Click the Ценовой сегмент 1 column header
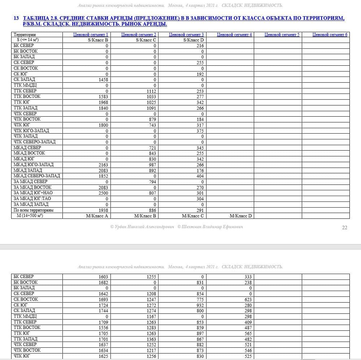(91, 35)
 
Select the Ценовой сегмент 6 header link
(330, 35)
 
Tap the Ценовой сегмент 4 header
(234, 35)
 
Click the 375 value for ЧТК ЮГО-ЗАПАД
(200, 131)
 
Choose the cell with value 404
(200, 176)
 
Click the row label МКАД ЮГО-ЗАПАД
(33, 165)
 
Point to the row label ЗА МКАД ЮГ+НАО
(33, 193)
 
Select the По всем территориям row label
(33, 210)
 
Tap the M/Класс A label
(97, 216)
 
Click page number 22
(344, 227)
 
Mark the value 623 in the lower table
(248, 299)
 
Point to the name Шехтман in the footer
(193, 227)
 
